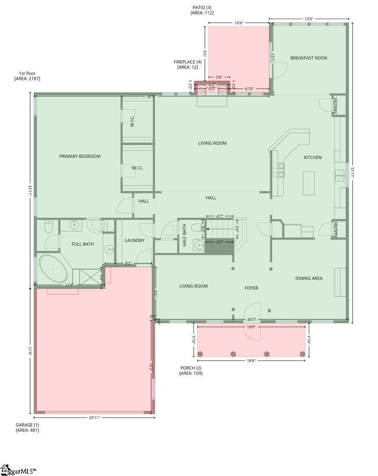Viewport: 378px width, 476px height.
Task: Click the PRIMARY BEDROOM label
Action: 80,156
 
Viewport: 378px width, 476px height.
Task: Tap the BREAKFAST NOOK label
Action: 309,58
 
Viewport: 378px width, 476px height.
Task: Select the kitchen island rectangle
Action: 309,183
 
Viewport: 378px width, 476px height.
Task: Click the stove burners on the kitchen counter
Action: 278,170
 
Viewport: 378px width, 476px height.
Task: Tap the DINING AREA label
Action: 309,278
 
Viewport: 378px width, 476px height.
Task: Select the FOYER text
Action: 251,288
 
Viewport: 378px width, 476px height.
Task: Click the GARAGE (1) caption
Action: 27,425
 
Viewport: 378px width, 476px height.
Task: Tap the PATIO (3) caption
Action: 202,8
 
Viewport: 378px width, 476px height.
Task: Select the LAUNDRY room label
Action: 134,240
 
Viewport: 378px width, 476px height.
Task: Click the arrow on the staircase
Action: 208,229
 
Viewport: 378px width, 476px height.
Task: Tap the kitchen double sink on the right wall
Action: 340,175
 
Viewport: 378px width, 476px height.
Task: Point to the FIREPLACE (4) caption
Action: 187,62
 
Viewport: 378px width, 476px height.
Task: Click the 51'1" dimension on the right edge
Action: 352,173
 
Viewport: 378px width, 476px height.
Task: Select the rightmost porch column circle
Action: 302,354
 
